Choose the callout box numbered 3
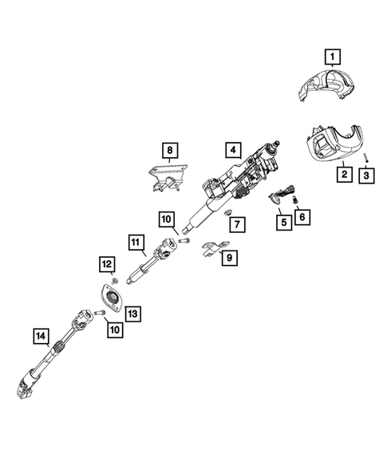[x=366, y=175]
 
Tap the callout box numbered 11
[x=136, y=240]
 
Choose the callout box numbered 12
[x=106, y=263]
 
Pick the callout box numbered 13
[x=132, y=314]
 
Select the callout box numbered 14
[x=41, y=336]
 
